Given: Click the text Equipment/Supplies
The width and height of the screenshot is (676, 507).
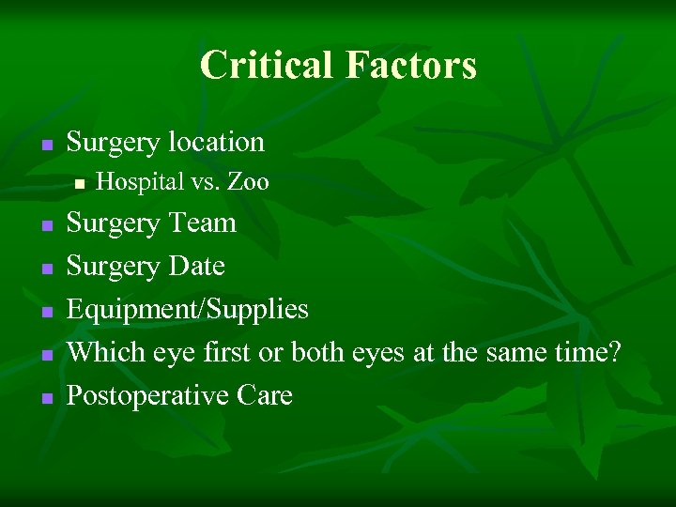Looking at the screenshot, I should [x=187, y=310].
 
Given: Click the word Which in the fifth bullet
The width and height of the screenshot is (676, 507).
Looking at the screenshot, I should [x=100, y=353].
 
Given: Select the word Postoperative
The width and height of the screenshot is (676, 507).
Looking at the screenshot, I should [x=146, y=396].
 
